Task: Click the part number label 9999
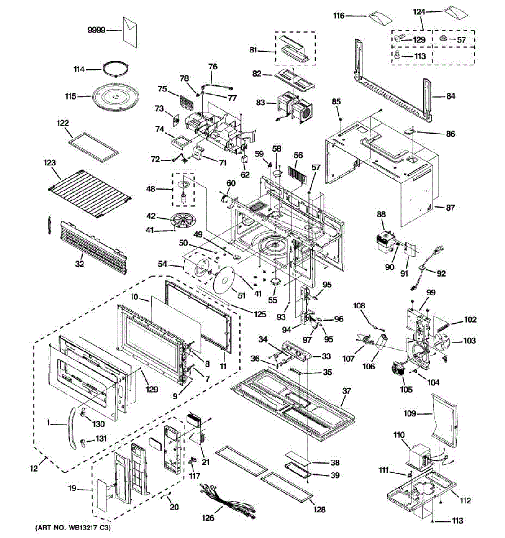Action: (97, 30)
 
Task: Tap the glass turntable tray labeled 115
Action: (115, 96)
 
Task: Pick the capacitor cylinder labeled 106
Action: (381, 343)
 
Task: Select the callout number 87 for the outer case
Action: (450, 208)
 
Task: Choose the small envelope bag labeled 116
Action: (380, 18)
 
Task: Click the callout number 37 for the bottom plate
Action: (347, 391)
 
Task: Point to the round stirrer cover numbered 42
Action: (183, 220)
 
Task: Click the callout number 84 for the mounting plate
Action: (450, 96)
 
